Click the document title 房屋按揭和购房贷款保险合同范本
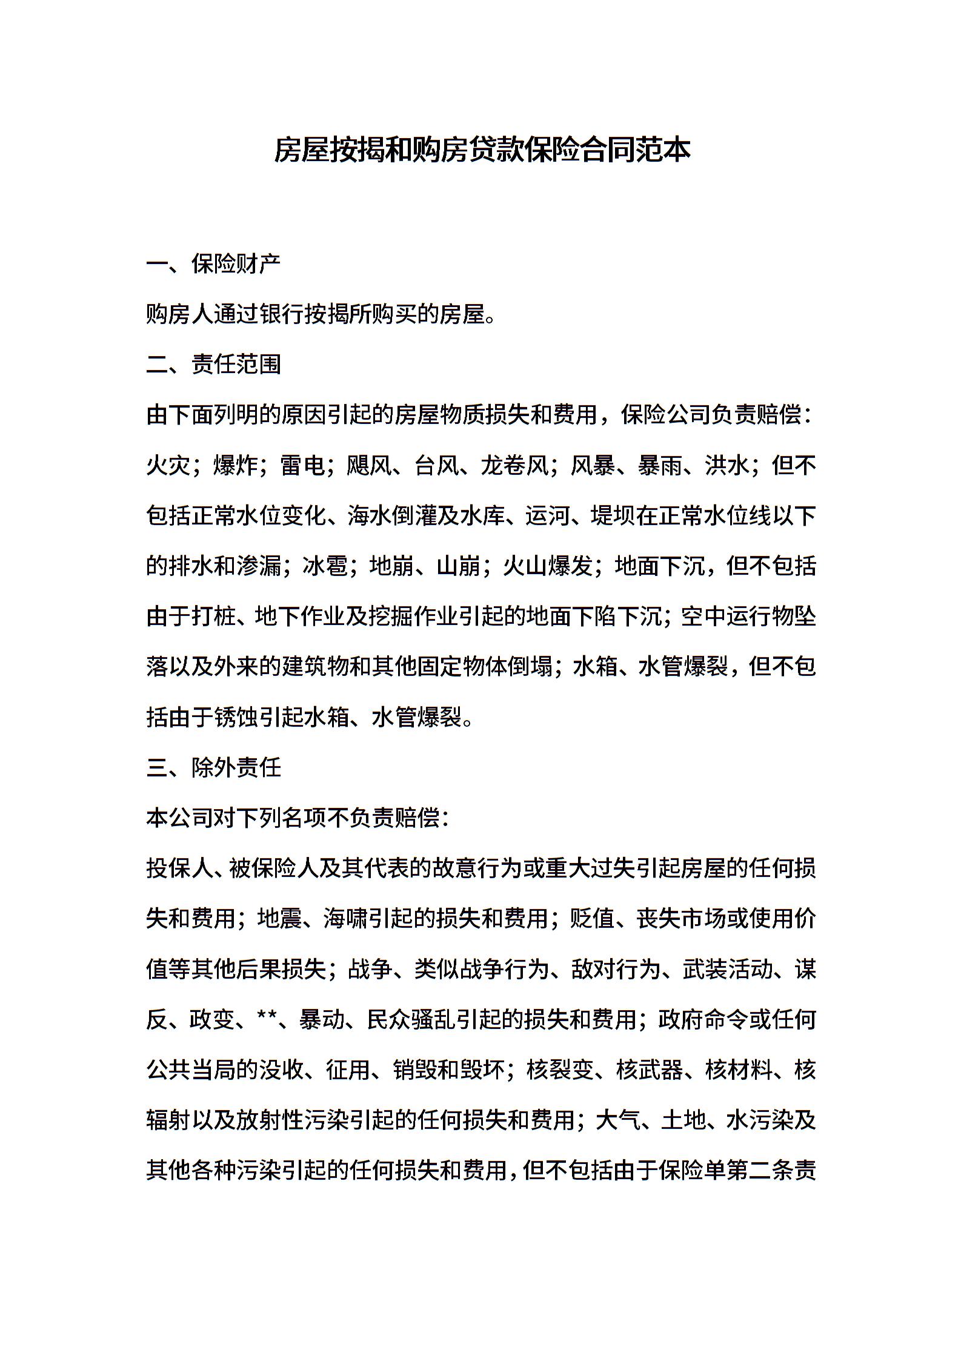482,150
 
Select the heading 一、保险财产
213,264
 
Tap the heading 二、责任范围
213,365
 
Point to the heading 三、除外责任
213,768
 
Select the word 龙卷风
514,465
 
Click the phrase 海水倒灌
392,516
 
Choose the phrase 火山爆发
547,566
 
